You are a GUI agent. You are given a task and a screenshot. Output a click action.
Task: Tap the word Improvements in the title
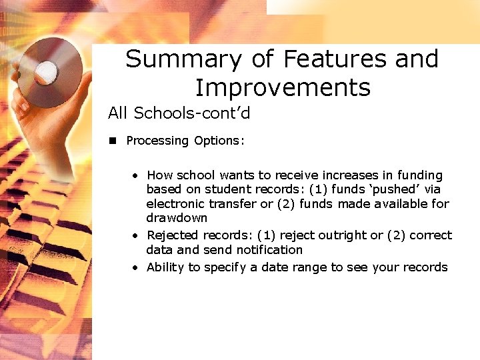(x=282, y=87)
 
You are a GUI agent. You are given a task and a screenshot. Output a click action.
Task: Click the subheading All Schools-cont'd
(x=179, y=113)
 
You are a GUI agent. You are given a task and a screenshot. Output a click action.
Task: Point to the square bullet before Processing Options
(x=113, y=141)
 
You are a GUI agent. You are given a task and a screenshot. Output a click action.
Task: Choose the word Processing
(x=157, y=141)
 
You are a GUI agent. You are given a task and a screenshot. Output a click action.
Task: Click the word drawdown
(x=177, y=218)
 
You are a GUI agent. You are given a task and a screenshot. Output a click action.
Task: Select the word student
(x=235, y=189)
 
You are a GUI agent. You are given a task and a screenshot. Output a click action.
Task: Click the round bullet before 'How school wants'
(x=135, y=176)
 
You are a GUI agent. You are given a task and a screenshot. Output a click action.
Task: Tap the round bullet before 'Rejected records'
(x=135, y=236)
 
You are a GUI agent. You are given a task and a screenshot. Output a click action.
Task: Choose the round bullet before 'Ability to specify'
(x=135, y=268)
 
